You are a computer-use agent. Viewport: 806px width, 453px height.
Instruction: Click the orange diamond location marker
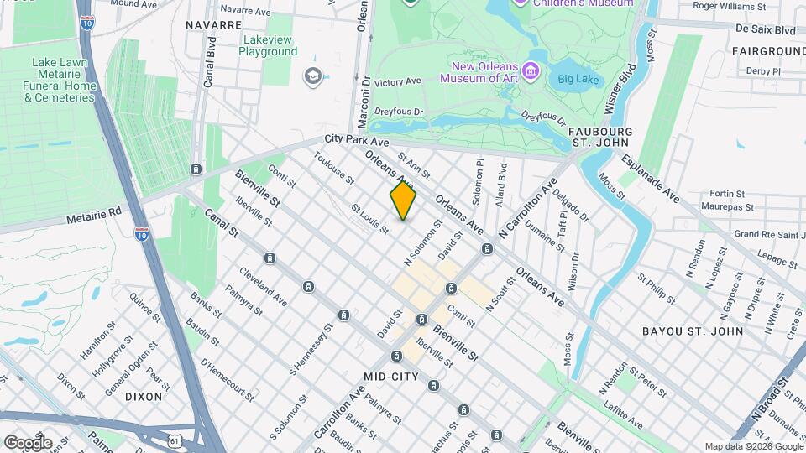click(403, 200)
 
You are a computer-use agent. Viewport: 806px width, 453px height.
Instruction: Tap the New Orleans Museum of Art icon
click(531, 70)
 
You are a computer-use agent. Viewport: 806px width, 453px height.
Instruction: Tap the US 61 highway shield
click(173, 439)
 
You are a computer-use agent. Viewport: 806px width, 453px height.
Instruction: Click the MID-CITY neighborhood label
click(391, 377)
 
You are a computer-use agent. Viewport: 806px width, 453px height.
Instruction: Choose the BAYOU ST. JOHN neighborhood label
click(693, 331)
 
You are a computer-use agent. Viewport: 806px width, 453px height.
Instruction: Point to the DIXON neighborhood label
click(144, 395)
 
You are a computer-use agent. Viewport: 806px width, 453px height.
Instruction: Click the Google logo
click(28, 443)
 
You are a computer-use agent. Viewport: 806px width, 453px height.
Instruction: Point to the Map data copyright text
click(752, 446)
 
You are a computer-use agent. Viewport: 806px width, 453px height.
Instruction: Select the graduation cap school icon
click(313, 76)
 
